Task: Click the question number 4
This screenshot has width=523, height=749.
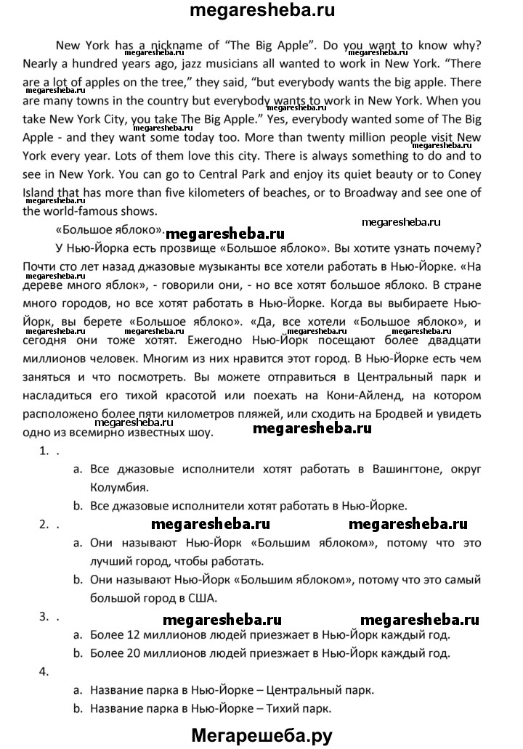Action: pos(44,671)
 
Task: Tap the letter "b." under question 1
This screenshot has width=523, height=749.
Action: pos(78,506)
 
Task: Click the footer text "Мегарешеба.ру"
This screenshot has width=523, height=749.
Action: pos(261,734)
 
